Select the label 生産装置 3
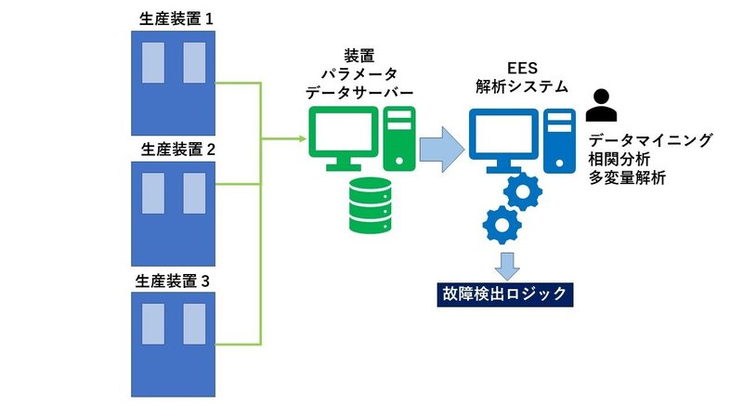175,280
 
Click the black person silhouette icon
602,106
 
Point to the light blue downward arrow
505,264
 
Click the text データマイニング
650,140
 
